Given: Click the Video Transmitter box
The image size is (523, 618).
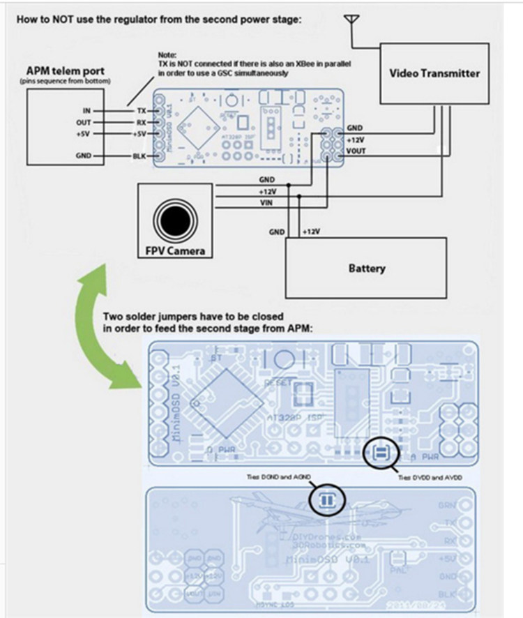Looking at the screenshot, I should pyautogui.click(x=434, y=73).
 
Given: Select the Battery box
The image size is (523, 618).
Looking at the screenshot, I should pyautogui.click(x=367, y=268).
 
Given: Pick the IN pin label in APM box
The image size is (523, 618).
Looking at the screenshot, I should pyautogui.click(x=86, y=111).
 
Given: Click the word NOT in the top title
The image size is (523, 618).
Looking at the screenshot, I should pyautogui.click(x=68, y=19).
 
